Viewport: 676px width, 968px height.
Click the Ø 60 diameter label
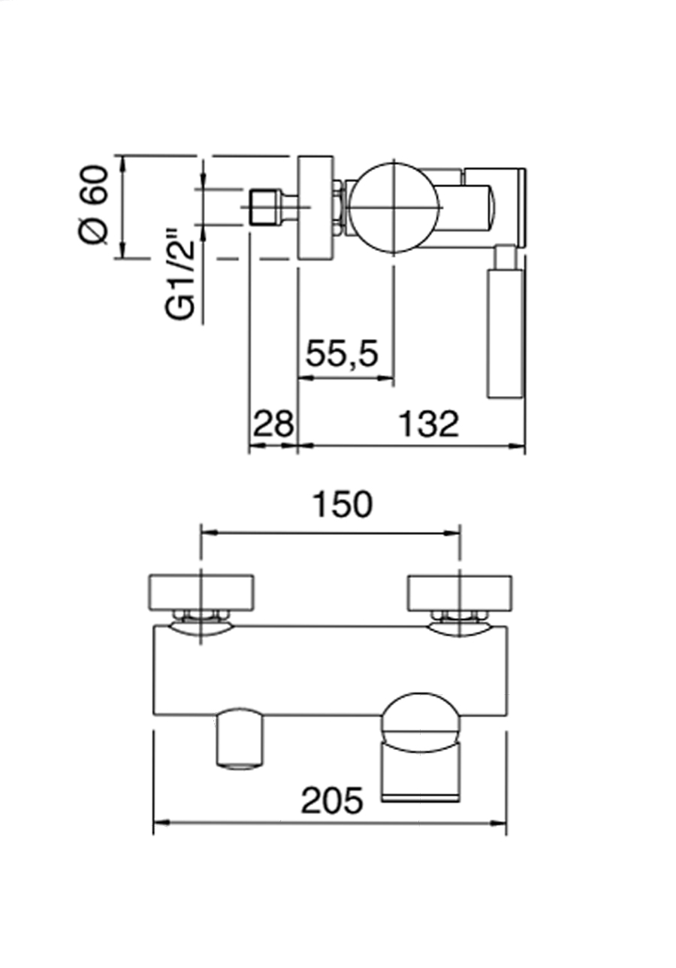tap(95, 204)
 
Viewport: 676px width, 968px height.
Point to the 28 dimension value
tap(273, 424)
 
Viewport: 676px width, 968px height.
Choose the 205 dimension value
tap(332, 800)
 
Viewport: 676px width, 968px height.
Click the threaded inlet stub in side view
tap(263, 207)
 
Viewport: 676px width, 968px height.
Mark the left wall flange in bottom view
tap(202, 591)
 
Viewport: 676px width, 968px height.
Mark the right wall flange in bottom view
tap(460, 591)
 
